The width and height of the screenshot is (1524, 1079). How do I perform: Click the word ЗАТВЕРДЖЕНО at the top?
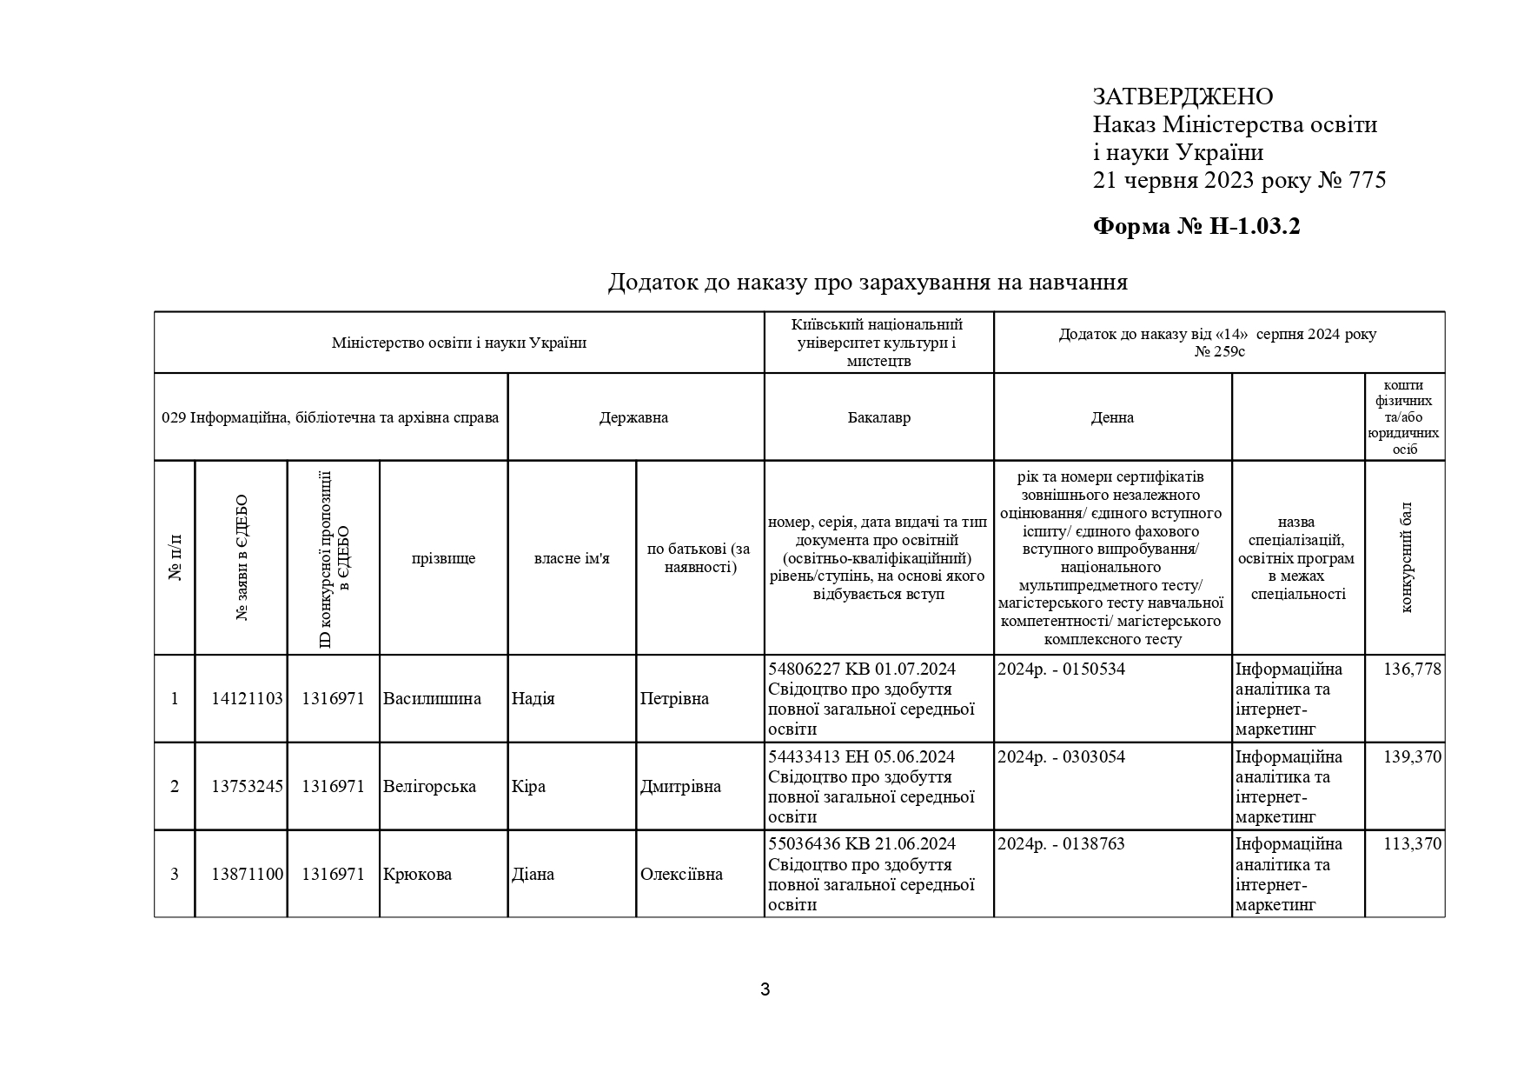tap(1183, 97)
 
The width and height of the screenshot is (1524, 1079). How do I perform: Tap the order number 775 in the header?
tap(1367, 181)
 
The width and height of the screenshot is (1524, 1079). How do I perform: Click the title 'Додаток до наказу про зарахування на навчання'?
tap(867, 282)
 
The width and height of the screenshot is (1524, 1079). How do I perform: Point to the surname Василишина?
tap(432, 699)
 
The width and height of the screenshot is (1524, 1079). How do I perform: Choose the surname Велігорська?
tap(429, 787)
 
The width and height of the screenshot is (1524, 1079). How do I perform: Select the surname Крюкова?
tap(417, 875)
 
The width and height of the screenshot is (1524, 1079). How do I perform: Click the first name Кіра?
tap(528, 787)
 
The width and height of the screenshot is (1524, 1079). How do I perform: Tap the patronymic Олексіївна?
tap(681, 875)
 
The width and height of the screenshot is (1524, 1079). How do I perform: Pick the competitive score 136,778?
tap(1412, 669)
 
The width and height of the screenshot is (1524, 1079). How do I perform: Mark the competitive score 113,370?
tap(1412, 844)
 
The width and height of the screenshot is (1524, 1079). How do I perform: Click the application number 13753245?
tap(247, 787)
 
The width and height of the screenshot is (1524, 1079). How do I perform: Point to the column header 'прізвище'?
tap(443, 558)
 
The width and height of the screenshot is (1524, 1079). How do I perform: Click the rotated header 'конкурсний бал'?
tap(1406, 557)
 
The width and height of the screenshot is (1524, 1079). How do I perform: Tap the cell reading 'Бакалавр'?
tap(878, 417)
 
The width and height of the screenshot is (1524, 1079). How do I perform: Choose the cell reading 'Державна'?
tap(633, 417)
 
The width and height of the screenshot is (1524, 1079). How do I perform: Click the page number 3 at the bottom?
tap(765, 989)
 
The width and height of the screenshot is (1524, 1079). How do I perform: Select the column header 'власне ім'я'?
tap(572, 558)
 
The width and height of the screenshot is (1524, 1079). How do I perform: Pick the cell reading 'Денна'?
tap(1112, 417)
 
